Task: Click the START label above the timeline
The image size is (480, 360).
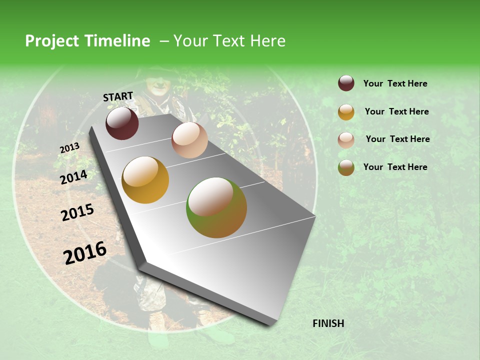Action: tap(118, 96)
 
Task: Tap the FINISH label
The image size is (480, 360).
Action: tap(328, 323)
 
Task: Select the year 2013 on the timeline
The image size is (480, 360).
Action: tap(69, 148)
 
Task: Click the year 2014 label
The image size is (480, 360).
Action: tap(74, 177)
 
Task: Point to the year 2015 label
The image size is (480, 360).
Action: tap(77, 212)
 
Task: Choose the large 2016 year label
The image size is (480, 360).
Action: tap(85, 252)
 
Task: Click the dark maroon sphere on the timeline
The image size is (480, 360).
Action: tap(122, 123)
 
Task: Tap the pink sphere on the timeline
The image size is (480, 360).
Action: tap(189, 140)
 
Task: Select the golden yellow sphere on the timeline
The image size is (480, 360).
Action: tap(145, 180)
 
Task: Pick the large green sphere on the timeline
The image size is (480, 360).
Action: tap(216, 207)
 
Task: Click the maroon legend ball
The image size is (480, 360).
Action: tap(346, 83)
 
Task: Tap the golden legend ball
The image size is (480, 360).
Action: tap(346, 112)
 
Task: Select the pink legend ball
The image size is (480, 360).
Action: tap(346, 140)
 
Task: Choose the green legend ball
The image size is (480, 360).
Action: tap(346, 167)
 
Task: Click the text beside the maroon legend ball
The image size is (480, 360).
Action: tap(395, 84)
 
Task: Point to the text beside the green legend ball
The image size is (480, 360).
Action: tap(395, 167)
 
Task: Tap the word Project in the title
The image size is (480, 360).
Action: tap(51, 41)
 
